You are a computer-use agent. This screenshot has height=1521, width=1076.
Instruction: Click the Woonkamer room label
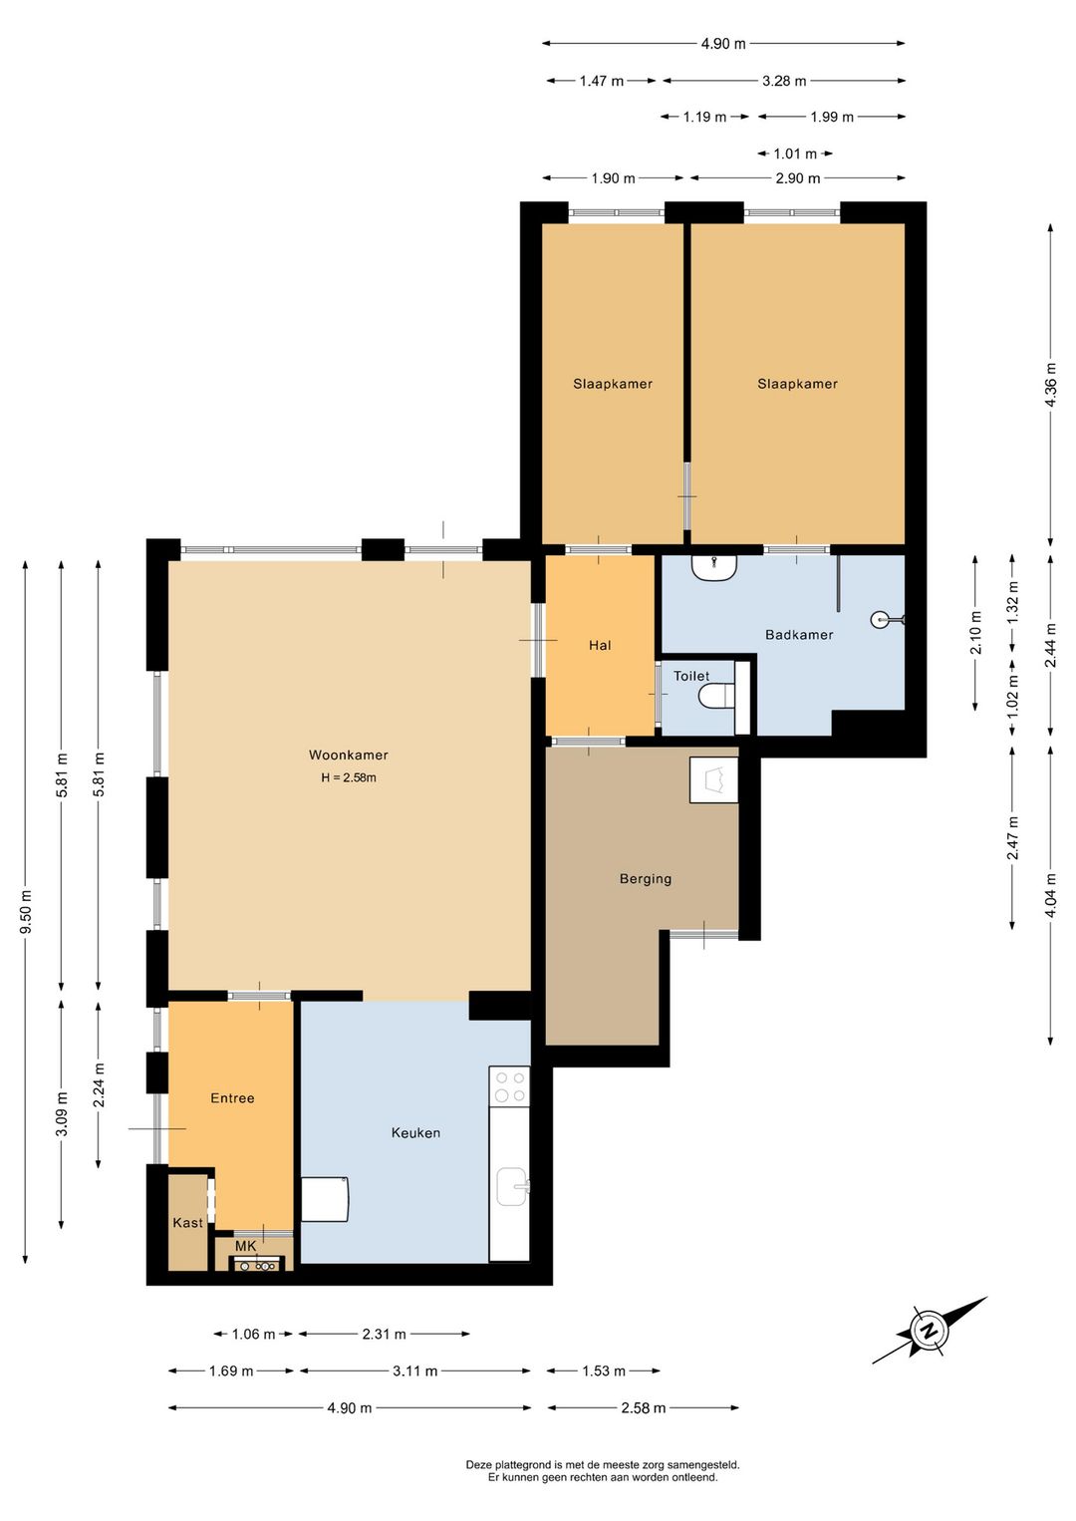click(x=349, y=755)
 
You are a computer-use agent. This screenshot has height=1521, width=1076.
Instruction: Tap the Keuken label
click(x=415, y=1132)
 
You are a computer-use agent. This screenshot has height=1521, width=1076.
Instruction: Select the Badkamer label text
click(x=799, y=634)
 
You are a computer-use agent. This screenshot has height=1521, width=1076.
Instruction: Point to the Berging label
click(x=646, y=879)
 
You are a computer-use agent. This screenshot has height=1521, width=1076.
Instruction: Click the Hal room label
click(x=600, y=645)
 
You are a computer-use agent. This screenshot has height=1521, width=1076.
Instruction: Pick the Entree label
click(x=232, y=1098)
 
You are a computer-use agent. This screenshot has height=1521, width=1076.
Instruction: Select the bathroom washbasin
click(x=715, y=567)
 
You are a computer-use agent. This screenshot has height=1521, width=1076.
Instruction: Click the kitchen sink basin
click(x=512, y=1187)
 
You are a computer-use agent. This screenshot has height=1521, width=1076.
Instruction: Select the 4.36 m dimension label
click(x=1051, y=385)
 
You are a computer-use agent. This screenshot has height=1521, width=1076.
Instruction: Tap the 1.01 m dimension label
click(x=795, y=154)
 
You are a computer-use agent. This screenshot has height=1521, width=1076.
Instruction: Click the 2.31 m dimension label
click(x=385, y=1335)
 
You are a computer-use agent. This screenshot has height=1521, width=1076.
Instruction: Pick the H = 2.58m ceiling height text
click(x=349, y=777)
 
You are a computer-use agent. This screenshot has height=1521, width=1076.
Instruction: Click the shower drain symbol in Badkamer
click(x=879, y=619)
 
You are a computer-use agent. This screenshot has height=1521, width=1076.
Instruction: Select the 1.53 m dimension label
click(x=604, y=1370)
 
